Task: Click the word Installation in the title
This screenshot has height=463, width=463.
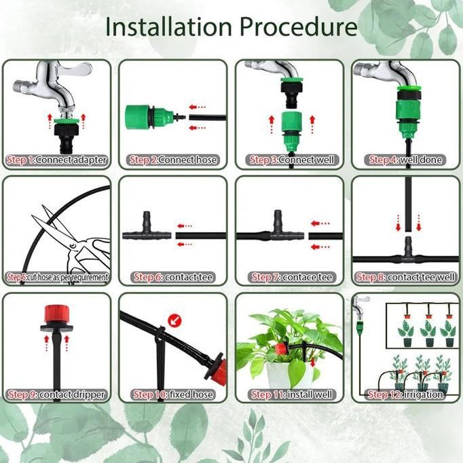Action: click(170, 27)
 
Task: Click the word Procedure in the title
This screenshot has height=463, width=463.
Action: click(299, 27)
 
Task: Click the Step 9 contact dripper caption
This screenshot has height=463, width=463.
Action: click(56, 394)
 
